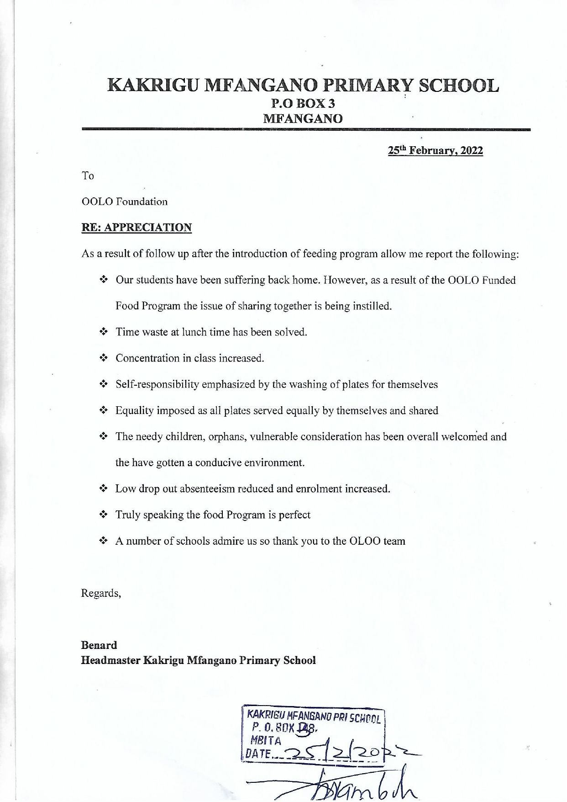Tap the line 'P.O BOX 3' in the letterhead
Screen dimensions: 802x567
point(303,104)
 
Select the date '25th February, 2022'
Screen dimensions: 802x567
point(435,150)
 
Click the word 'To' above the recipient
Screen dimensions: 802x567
point(87,175)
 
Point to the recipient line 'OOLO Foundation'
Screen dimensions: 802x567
point(124,202)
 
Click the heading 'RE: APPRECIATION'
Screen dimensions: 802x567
point(136,228)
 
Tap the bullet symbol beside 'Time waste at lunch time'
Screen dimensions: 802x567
point(104,332)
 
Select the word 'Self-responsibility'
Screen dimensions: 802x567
point(157,384)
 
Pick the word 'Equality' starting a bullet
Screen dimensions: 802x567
point(134,410)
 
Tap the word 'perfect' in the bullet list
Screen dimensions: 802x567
point(294,515)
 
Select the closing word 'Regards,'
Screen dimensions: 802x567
point(101,593)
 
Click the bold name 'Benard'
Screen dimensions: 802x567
point(99,645)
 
